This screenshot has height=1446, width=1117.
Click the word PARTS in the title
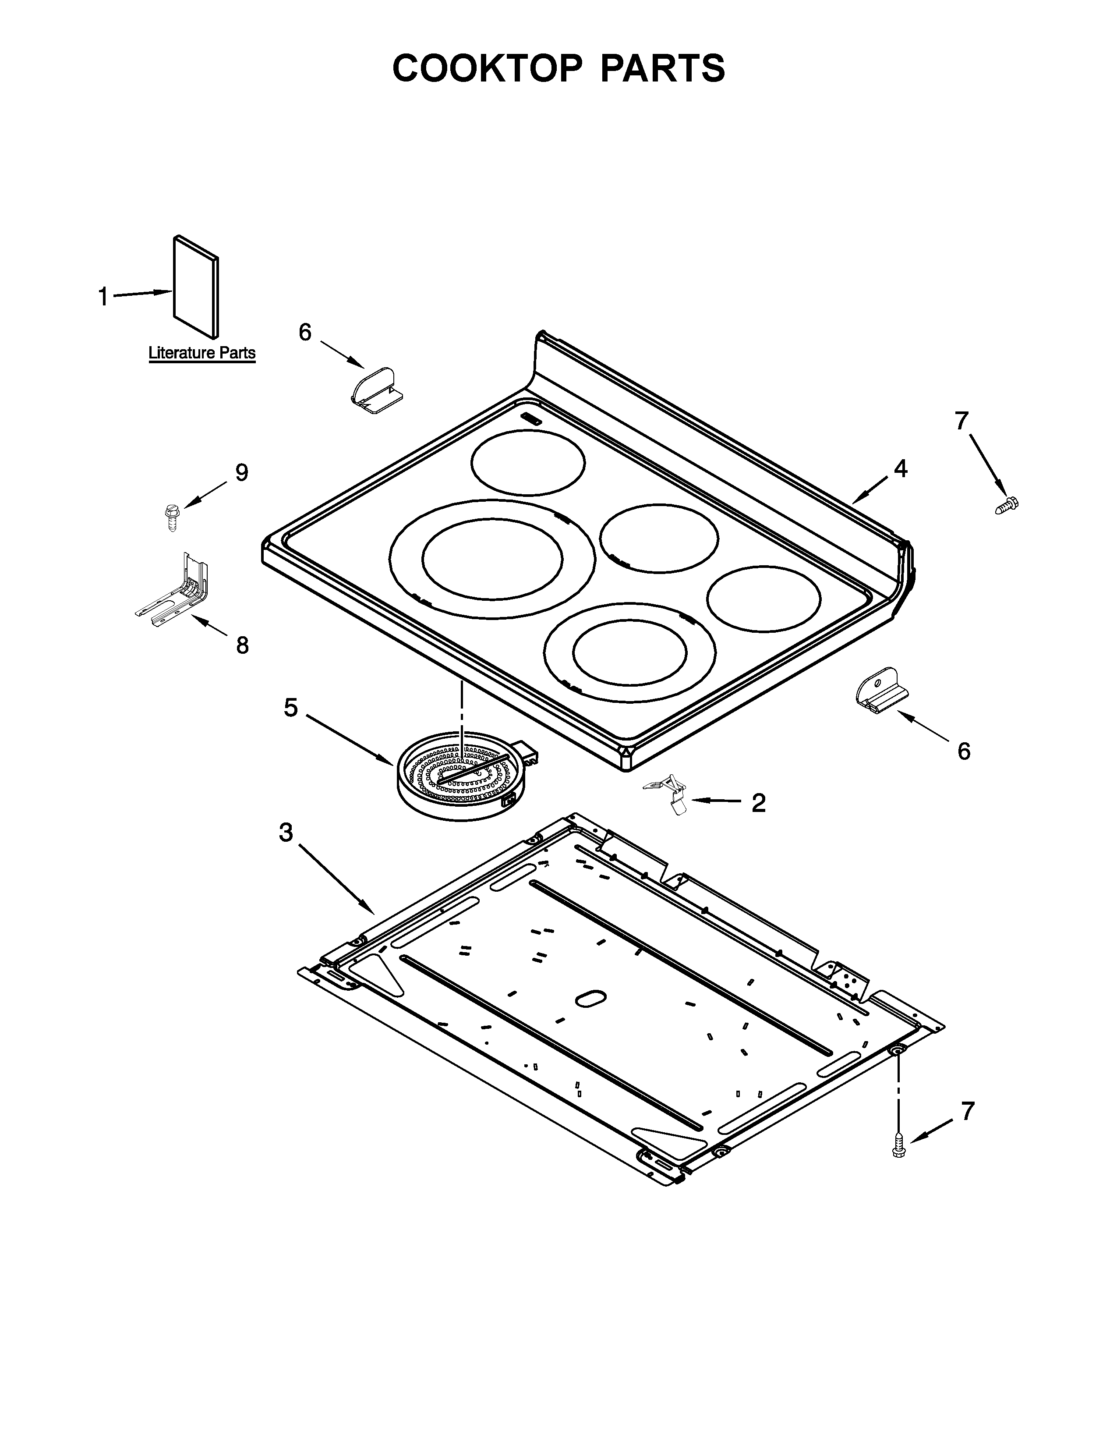662,68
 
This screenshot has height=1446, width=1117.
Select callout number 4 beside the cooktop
900,469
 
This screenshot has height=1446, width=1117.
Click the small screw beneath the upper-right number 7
1007,505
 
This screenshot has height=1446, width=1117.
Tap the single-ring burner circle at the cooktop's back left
528,462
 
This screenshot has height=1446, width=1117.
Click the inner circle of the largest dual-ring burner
492,558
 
